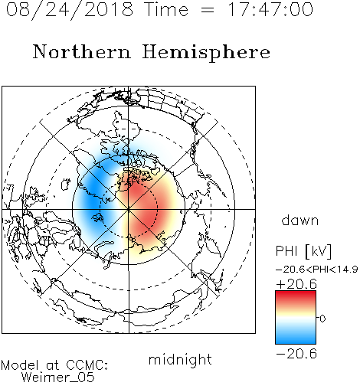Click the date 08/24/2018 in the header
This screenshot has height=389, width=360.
pyautogui.click(x=70, y=10)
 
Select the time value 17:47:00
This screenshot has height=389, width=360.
pyautogui.click(x=270, y=10)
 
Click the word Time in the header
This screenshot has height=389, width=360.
pyautogui.click(x=166, y=10)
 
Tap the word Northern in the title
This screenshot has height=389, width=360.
pyautogui.click(x=82, y=51)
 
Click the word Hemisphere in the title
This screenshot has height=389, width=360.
pyautogui.click(x=206, y=53)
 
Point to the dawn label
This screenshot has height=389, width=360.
pyautogui.click(x=300, y=221)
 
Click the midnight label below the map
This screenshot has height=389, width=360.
pyautogui.click(x=180, y=360)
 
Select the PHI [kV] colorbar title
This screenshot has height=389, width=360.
pyautogui.click(x=303, y=251)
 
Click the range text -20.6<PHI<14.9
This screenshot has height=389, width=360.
pyautogui.click(x=317, y=270)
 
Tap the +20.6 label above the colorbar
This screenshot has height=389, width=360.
pyautogui.click(x=296, y=284)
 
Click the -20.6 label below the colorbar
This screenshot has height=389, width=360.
pyautogui.click(x=296, y=354)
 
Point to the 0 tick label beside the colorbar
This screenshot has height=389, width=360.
pyautogui.click(x=322, y=319)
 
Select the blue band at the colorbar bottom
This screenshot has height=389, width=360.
pyautogui.click(x=296, y=338)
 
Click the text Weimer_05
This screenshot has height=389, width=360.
pyautogui.click(x=58, y=378)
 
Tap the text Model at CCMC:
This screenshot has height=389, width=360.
pyautogui.click(x=54, y=365)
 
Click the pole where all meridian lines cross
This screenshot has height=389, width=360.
pyautogui.click(x=129, y=209)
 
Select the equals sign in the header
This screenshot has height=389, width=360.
pyautogui.click(x=208, y=11)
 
